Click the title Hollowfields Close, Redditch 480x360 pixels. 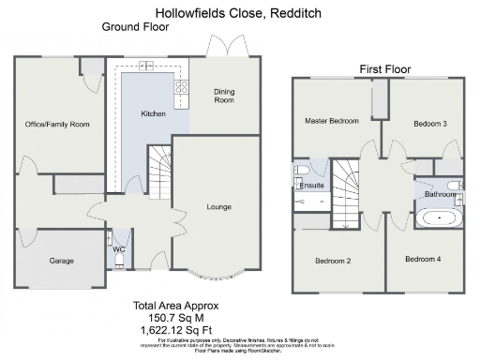239,13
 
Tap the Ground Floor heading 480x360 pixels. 134,27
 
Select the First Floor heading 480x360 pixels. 384,69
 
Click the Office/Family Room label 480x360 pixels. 57,124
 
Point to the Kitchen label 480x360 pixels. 154,113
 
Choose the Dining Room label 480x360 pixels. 224,96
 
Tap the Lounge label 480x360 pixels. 218,206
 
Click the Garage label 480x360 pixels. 61,261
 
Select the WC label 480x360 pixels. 120,250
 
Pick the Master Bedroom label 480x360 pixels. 332,122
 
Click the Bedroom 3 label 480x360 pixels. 429,123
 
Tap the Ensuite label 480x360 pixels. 311,186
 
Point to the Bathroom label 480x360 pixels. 441,195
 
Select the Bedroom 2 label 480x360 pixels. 333,260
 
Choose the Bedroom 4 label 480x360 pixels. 423,258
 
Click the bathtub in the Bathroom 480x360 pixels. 439,219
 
